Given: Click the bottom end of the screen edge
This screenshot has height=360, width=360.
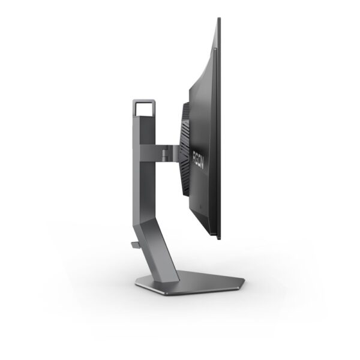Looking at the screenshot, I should (x=217, y=238).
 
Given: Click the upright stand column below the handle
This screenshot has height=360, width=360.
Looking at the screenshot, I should (x=139, y=174).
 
